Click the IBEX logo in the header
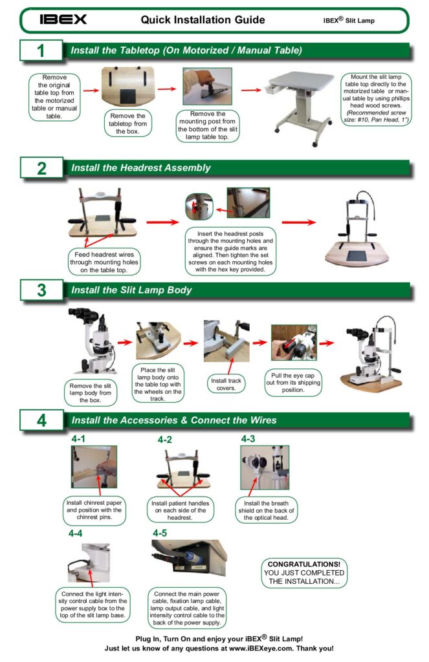[63, 19]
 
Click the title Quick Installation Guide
[203, 20]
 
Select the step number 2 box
[41, 169]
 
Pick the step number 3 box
[41, 290]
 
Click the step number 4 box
[41, 420]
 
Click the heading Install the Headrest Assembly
[140, 168]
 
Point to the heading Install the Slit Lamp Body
[131, 290]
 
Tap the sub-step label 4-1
[79, 439]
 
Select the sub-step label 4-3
[248, 439]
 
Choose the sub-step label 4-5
[160, 533]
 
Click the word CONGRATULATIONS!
[303, 564]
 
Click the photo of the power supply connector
[189, 561]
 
